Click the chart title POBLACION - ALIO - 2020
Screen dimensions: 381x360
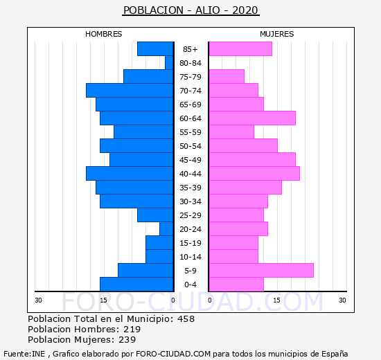[190, 10]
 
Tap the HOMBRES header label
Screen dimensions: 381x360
[103, 34]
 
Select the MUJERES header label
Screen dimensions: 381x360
[277, 34]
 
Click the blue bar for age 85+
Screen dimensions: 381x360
[155, 49]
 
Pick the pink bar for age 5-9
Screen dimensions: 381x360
[261, 271]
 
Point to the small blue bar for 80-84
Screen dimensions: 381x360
[169, 63]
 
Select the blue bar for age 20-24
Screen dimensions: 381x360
[167, 229]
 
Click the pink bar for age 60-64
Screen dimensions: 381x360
[252, 118]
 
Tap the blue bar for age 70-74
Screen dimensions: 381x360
[130, 91]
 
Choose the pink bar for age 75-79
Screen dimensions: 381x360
[227, 77]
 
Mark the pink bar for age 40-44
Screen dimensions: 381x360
[254, 174]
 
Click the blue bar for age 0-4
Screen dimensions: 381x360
[136, 285]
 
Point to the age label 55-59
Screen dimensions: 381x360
[190, 132]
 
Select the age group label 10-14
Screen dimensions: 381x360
[190, 257]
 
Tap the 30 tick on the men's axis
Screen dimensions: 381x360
[38, 300]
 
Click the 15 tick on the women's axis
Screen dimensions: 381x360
[277, 300]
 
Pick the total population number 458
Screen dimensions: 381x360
[186, 319]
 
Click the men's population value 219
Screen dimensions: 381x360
[132, 330]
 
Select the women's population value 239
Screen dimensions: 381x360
[127, 340]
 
